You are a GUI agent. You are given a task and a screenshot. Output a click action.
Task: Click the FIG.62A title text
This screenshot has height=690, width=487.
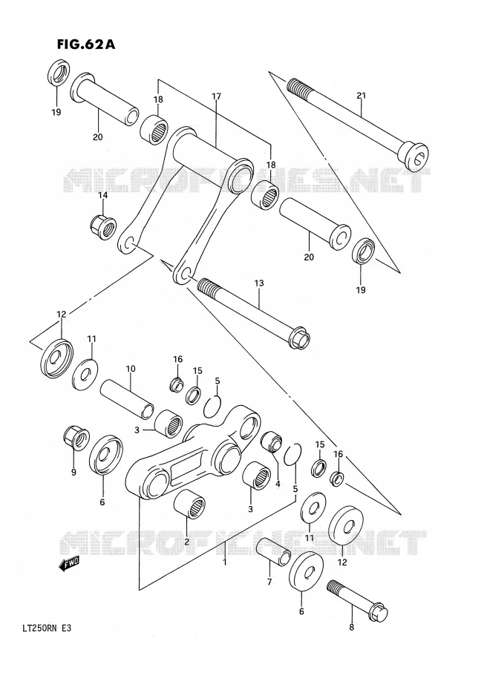tap(86, 44)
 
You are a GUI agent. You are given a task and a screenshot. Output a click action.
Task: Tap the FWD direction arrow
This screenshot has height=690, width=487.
tap(69, 565)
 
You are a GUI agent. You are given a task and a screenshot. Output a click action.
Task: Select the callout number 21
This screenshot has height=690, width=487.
tap(361, 96)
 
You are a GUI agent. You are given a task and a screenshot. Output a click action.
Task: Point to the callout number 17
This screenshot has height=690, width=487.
tap(216, 96)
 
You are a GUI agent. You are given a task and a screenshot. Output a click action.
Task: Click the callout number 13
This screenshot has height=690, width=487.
tap(259, 283)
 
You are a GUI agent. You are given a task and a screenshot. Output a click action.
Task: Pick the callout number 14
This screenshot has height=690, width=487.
tap(102, 195)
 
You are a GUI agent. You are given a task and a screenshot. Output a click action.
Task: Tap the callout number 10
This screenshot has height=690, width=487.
tap(131, 369)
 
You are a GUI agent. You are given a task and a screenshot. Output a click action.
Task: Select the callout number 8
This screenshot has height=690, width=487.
tap(351, 628)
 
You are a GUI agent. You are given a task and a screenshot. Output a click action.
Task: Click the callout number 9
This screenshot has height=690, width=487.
tap(73, 473)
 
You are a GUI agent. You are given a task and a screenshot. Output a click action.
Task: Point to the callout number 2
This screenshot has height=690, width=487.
tap(186, 542)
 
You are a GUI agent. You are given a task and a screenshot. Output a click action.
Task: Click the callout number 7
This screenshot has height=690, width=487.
tap(269, 582)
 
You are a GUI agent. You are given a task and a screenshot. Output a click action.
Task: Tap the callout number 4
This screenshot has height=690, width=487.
tap(278, 484)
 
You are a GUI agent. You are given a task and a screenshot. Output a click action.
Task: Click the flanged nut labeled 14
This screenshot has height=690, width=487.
tap(103, 226)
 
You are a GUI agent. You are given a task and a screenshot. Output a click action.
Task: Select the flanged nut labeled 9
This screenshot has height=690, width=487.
tap(76, 438)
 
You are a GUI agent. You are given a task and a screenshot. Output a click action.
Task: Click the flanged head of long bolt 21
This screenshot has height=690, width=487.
tap(413, 155)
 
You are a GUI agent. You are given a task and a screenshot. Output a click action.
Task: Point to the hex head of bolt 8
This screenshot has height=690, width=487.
tap(379, 613)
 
